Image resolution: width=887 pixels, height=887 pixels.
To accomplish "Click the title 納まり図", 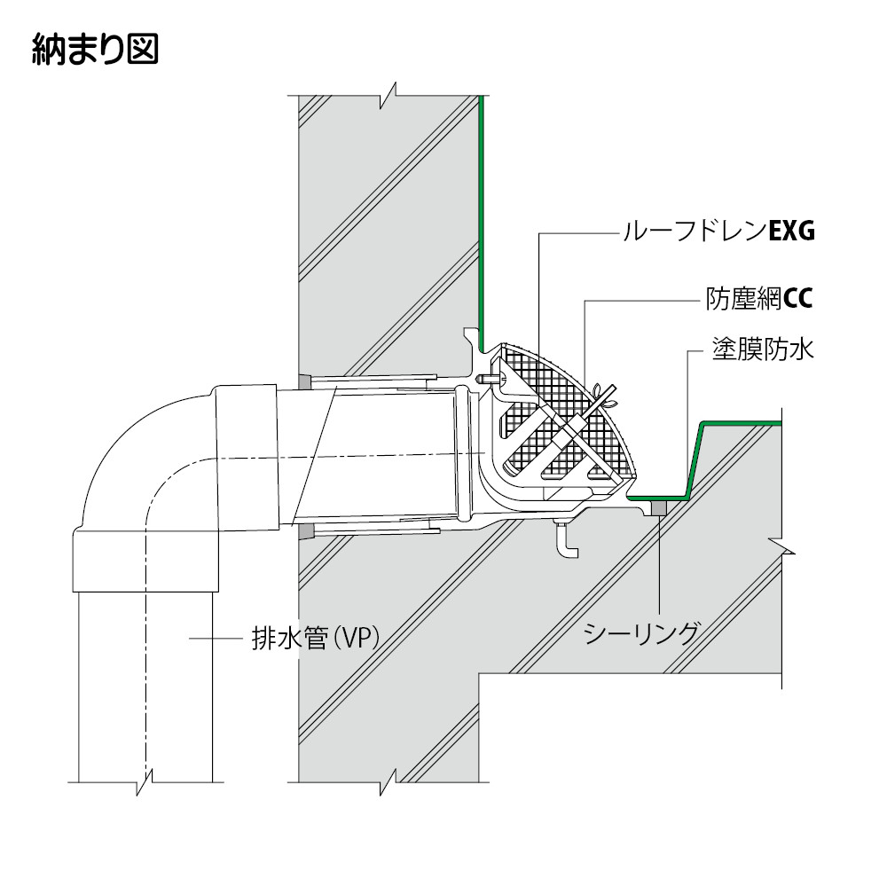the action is pos(95,49).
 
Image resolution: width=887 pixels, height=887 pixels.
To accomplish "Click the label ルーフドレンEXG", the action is pos(718,232).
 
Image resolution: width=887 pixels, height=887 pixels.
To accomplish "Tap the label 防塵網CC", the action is pos(759,299).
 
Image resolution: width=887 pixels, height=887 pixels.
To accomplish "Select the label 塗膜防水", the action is pos(763,349).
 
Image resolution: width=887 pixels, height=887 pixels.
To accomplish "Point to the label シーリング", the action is pos(641,633).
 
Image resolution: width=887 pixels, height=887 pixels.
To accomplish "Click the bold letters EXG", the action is pos(791,232).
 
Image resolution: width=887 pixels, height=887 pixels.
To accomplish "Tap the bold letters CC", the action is pos(798,299).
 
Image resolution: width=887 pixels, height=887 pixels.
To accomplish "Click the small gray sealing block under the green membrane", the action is pos(658,508).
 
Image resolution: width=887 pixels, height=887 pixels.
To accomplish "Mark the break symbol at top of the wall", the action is pos(389,95).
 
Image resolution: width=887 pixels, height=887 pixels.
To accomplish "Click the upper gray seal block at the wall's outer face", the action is pos(303,382).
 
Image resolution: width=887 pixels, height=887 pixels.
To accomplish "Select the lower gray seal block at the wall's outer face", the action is pos(304,531).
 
